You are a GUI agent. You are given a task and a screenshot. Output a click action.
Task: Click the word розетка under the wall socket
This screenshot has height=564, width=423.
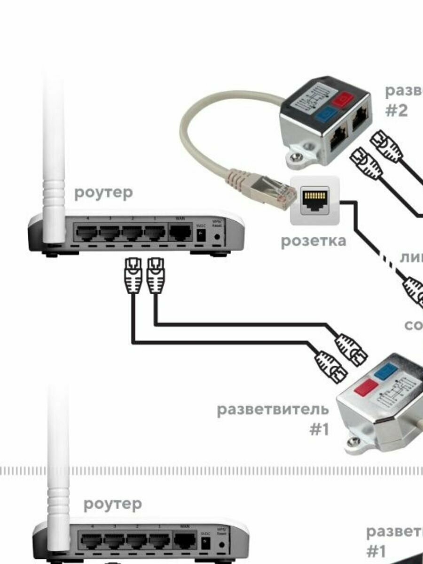pos(313,241)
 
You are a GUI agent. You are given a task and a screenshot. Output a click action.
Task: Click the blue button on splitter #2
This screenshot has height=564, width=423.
pos(324,114)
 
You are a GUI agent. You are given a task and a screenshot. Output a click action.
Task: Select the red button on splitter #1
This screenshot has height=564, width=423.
pos(367,388)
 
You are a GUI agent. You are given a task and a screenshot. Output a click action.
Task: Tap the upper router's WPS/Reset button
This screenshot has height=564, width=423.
pos(217,236)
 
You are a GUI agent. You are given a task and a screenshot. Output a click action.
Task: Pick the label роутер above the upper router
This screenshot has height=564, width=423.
pos(103,193)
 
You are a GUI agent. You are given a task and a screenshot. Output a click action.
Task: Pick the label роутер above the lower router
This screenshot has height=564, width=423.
pos(112,504)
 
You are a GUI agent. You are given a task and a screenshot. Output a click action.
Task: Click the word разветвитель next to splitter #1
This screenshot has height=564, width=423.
pos(273,409)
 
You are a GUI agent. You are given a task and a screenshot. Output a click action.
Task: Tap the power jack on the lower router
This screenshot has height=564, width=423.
pos(205,544)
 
